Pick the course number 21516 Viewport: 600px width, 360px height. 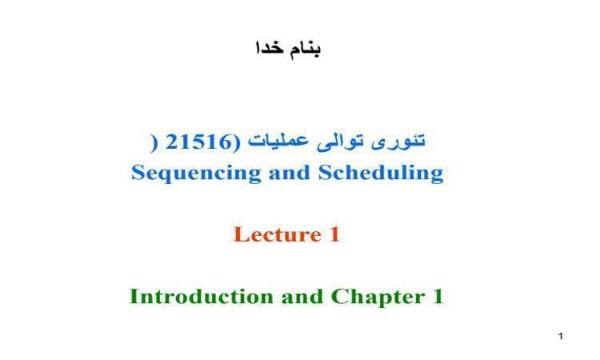199,142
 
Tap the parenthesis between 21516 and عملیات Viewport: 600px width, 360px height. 238,142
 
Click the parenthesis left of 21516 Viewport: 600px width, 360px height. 153,142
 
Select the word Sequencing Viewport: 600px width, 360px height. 196,174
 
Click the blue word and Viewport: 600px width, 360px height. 290,172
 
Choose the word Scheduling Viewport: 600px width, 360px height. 381,174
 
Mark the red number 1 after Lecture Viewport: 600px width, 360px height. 334,234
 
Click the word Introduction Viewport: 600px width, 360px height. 202,297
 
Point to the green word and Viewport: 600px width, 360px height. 302,297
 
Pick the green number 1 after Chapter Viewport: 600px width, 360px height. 438,297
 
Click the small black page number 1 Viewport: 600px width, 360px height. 561,336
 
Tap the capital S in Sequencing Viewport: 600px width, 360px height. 138,173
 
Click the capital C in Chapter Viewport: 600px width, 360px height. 339,297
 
